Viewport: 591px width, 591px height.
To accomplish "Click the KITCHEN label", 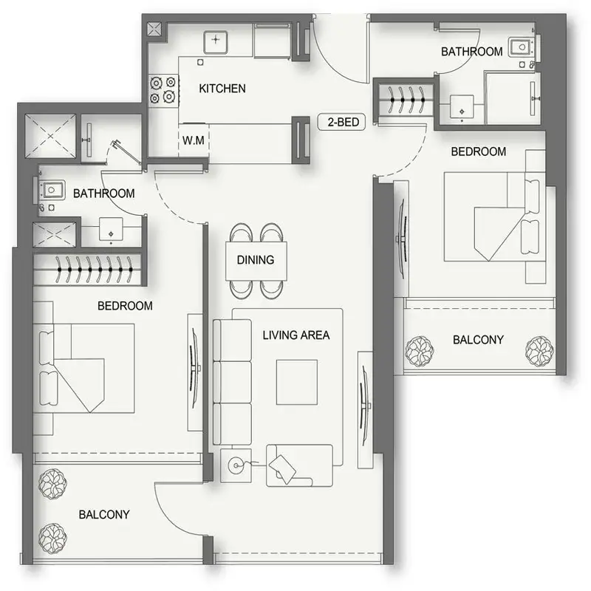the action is click(222, 89).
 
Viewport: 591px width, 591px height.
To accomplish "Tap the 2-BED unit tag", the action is click(341, 122).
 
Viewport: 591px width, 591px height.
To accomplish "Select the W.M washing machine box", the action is click(194, 140).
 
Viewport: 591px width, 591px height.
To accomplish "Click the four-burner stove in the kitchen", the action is click(163, 89).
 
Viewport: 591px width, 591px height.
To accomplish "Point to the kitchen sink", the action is click(216, 42).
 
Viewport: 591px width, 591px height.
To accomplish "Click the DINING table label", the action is click(256, 260).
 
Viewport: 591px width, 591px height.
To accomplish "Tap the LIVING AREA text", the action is click(296, 335).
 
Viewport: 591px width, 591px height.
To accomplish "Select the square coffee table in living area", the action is click(297, 382).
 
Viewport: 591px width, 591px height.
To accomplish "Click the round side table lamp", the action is click(236, 465).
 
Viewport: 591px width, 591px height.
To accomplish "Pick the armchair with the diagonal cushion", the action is click(300, 466).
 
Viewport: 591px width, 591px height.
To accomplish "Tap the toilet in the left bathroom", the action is click(50, 191).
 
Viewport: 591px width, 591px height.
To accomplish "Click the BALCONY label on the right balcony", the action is click(478, 340).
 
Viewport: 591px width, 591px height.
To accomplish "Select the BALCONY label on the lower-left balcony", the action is click(104, 514).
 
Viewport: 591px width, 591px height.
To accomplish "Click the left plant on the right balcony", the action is click(419, 352).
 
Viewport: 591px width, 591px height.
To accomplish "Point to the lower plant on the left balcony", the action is click(52, 539).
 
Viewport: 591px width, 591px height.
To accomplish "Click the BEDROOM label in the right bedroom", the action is click(478, 151).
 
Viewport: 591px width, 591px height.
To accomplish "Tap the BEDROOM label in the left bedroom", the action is click(125, 306).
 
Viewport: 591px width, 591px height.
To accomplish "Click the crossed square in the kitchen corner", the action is click(154, 29).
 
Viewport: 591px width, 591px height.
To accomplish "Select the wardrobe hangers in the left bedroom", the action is click(94, 270).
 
